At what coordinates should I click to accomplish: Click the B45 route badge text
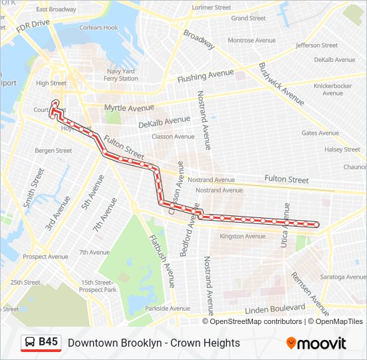coord(48,342)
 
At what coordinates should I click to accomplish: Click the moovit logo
coord(316,343)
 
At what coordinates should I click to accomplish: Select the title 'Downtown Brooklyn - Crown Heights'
coord(153,343)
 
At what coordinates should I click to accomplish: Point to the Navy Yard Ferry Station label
coord(121,75)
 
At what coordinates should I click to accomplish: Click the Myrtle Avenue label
coord(129,107)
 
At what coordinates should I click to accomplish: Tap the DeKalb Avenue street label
coord(164,122)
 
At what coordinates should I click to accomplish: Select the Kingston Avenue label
coord(242,236)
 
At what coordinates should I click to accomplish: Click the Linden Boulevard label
coord(274,310)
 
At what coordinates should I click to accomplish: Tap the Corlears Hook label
coord(99,28)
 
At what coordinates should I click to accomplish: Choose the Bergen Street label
coord(53,151)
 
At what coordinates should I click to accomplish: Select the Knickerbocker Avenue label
coord(332,89)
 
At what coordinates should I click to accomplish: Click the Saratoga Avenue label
coord(342,277)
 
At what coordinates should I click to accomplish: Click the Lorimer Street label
coord(211,8)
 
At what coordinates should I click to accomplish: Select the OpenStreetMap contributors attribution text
coord(256,321)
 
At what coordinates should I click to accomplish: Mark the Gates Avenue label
coord(320,133)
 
